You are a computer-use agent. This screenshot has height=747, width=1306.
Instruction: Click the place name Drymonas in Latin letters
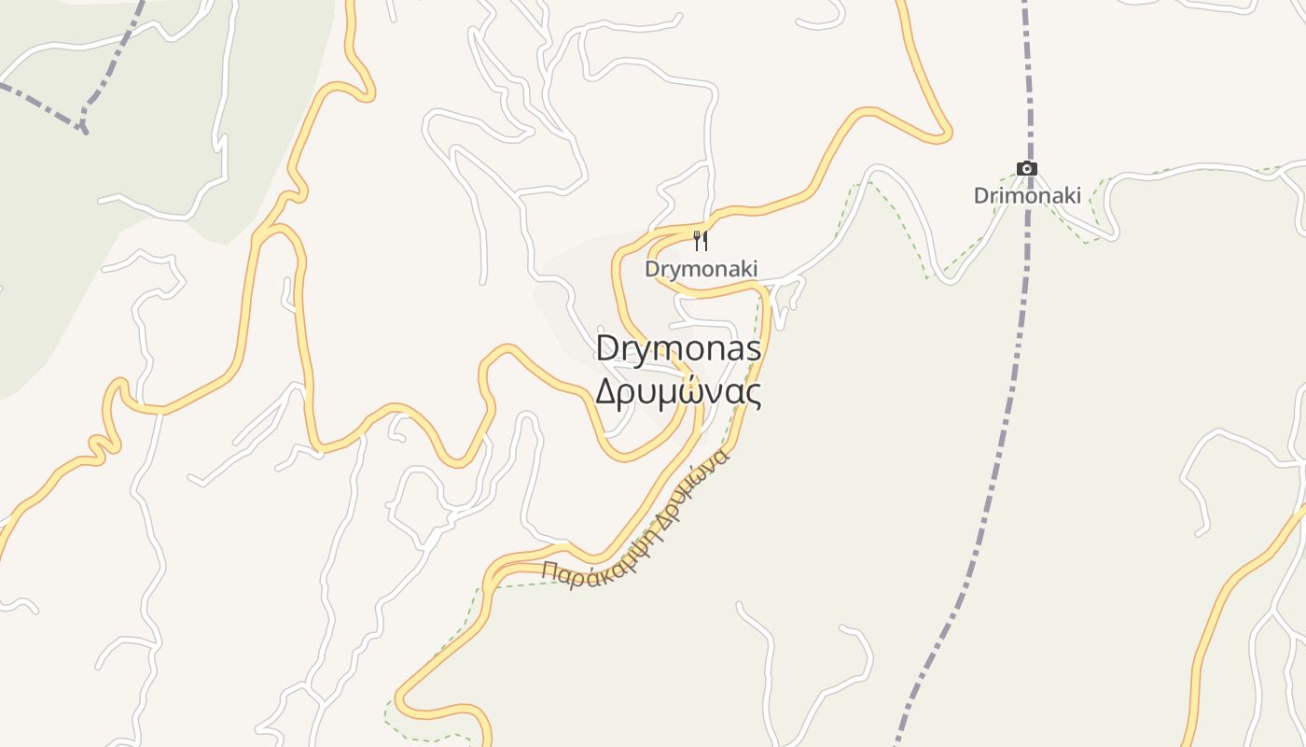[678, 349]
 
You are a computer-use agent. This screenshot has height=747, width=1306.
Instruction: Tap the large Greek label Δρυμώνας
[678, 392]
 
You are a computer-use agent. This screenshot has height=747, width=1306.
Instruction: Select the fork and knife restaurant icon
[701, 241]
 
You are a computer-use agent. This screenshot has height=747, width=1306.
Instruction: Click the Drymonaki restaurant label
[701, 269]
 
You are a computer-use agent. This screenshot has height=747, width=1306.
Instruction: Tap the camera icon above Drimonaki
[1027, 169]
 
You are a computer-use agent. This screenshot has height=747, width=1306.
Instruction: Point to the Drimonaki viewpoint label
[1027, 196]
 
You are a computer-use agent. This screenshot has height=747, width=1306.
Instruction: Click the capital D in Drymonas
[608, 349]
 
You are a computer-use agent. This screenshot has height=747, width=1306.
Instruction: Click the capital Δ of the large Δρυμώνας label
[607, 392]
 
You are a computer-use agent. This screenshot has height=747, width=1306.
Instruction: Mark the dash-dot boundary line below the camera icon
[1022, 280]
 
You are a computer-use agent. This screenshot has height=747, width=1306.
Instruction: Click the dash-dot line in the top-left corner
[37, 101]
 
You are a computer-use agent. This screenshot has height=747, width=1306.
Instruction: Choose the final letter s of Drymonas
[753, 350]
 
